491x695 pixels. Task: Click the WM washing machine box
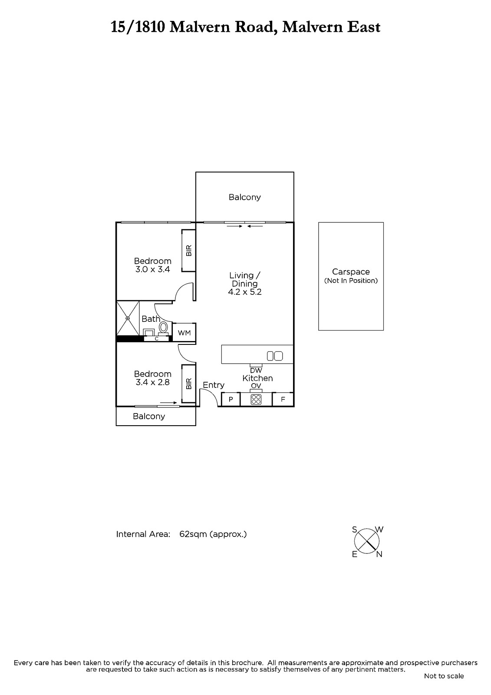(x=184, y=333)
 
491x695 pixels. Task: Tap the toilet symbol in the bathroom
(x=164, y=328)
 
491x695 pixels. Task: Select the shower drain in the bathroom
(x=128, y=318)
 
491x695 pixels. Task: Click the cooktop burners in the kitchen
(x=256, y=399)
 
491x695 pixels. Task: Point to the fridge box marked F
(x=283, y=399)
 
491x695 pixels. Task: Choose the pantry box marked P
(x=231, y=399)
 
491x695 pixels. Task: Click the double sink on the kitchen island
(x=275, y=356)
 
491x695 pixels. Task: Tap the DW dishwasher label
(x=256, y=370)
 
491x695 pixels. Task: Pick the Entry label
(x=214, y=385)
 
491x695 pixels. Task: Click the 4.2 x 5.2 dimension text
(x=245, y=291)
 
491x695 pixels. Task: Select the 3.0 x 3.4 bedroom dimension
(x=153, y=269)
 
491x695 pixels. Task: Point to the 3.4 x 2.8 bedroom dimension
(x=153, y=382)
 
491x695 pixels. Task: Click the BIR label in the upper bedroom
(x=189, y=250)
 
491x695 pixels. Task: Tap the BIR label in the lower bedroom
(x=189, y=384)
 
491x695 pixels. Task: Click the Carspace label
(x=351, y=272)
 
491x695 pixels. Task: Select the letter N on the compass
(x=379, y=554)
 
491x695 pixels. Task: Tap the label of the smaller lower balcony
(x=149, y=416)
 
